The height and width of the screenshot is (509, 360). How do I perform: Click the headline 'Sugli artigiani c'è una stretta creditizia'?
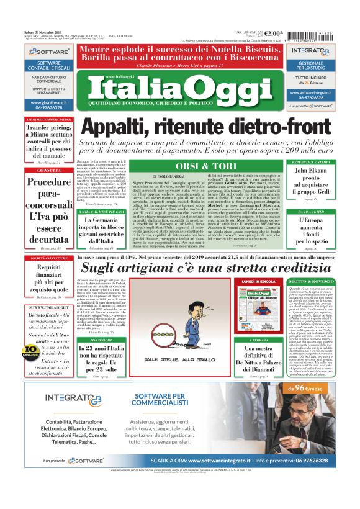(x=214, y=268)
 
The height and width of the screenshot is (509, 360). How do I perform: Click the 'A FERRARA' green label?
(x=259, y=340)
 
